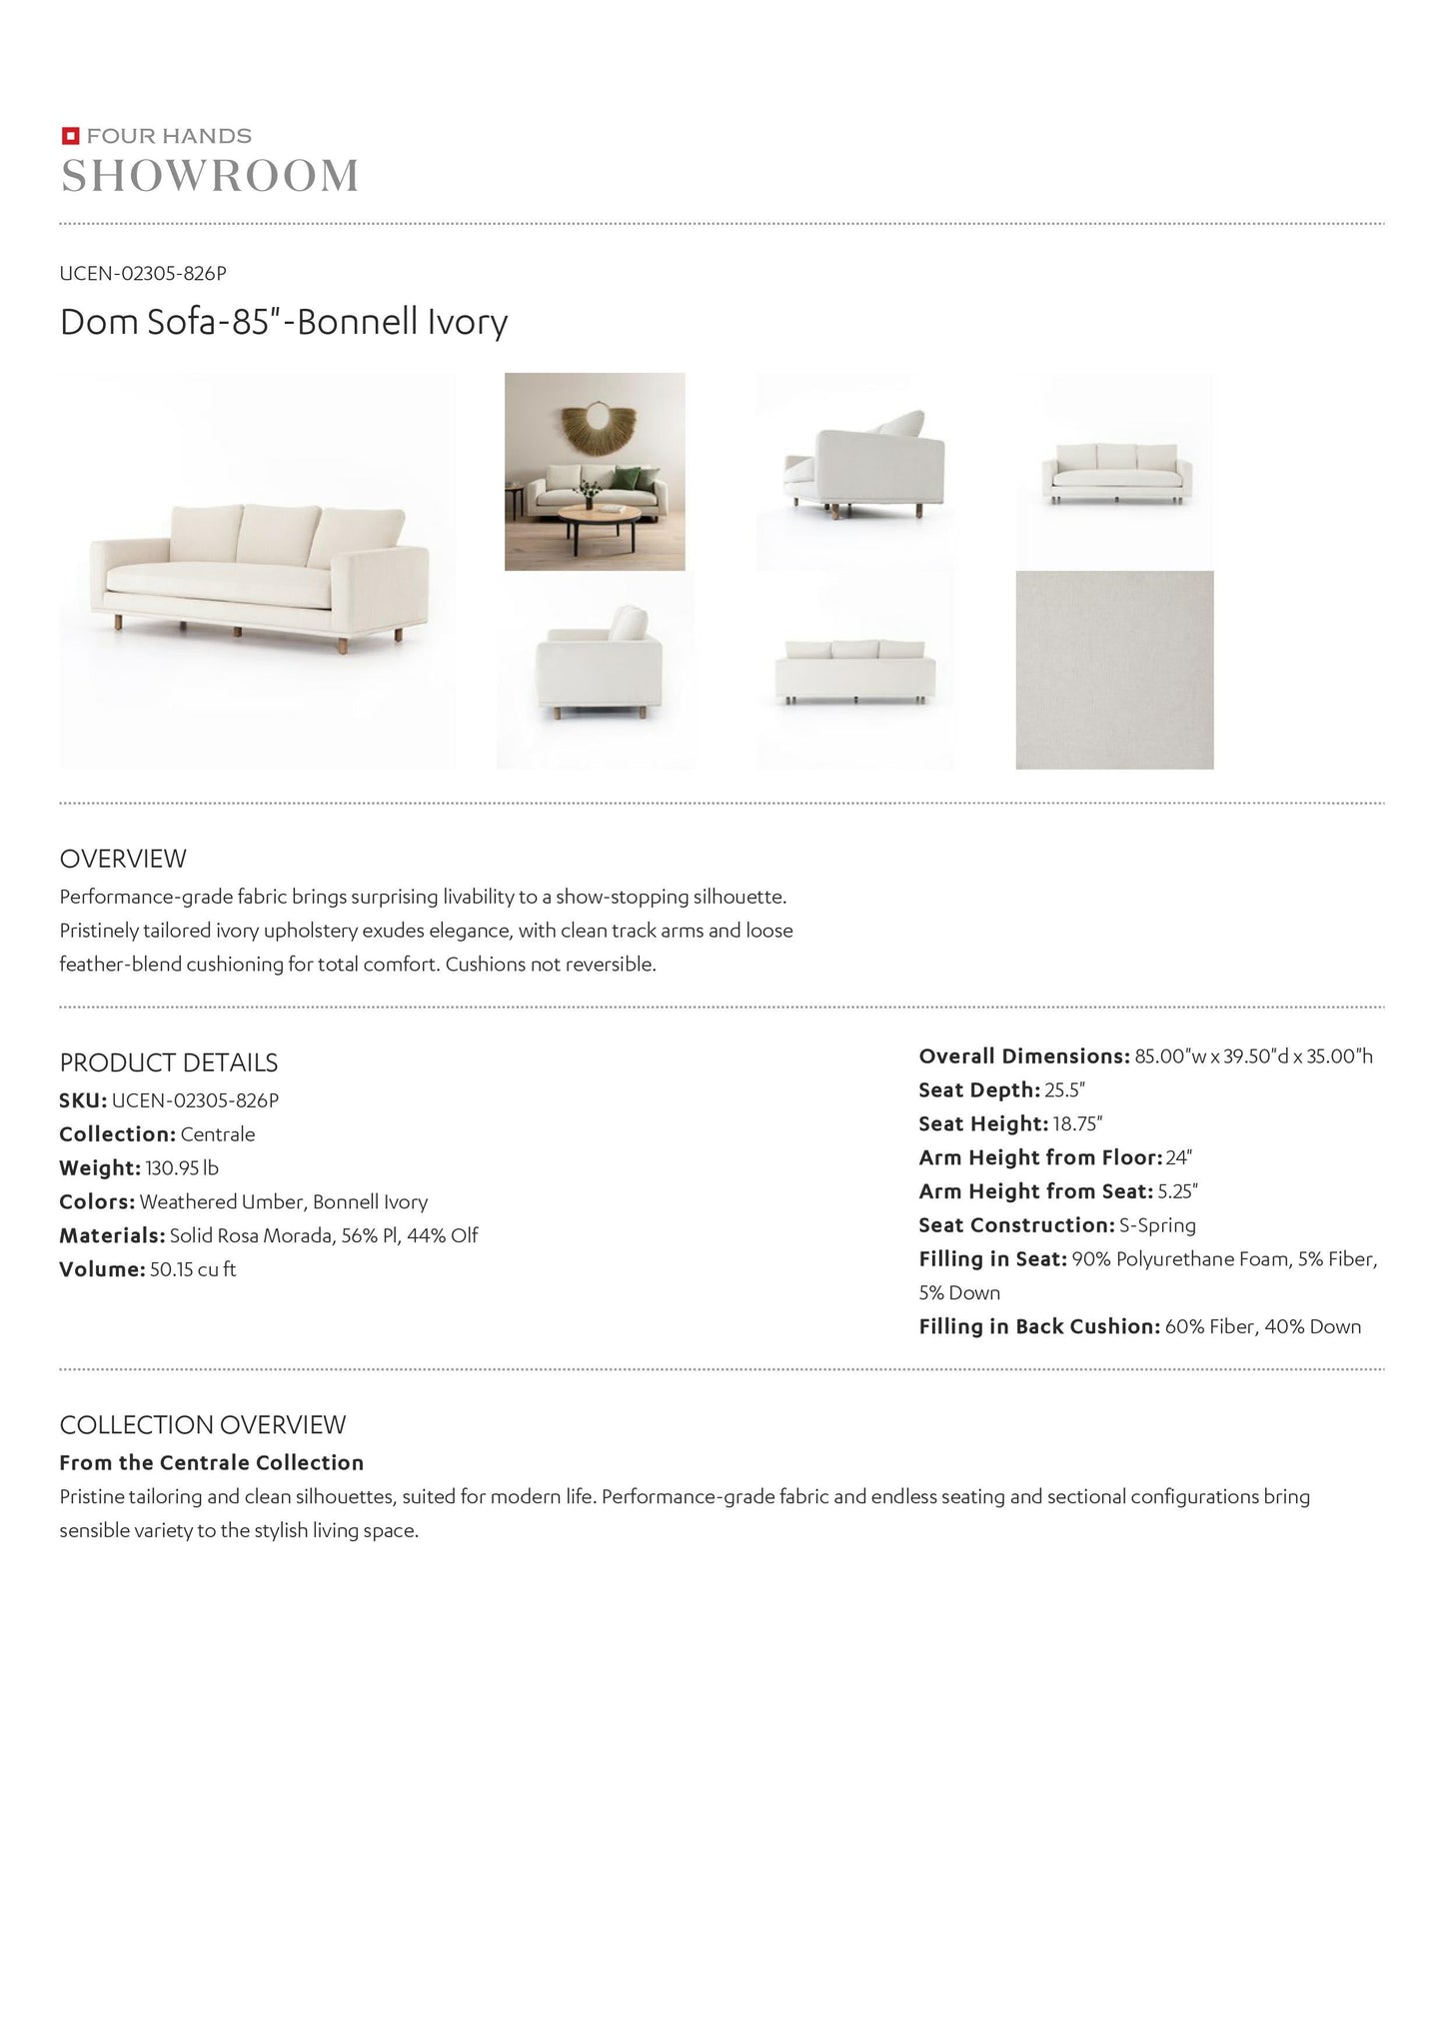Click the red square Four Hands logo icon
click(70, 136)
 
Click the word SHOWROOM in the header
click(210, 177)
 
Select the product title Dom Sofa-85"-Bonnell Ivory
click(284, 322)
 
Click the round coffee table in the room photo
click(600, 522)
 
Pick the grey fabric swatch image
click(1114, 670)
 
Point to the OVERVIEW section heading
click(123, 859)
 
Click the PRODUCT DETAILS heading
click(169, 1062)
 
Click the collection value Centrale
click(218, 1134)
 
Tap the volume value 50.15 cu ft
click(193, 1269)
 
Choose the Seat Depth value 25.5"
click(1065, 1090)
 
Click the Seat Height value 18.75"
click(1077, 1124)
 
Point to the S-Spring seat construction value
click(1157, 1225)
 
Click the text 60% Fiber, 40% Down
click(1263, 1326)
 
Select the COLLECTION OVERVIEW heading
click(203, 1424)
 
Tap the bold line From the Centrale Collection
click(212, 1463)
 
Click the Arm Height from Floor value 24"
click(1179, 1158)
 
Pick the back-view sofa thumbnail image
click(854, 670)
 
